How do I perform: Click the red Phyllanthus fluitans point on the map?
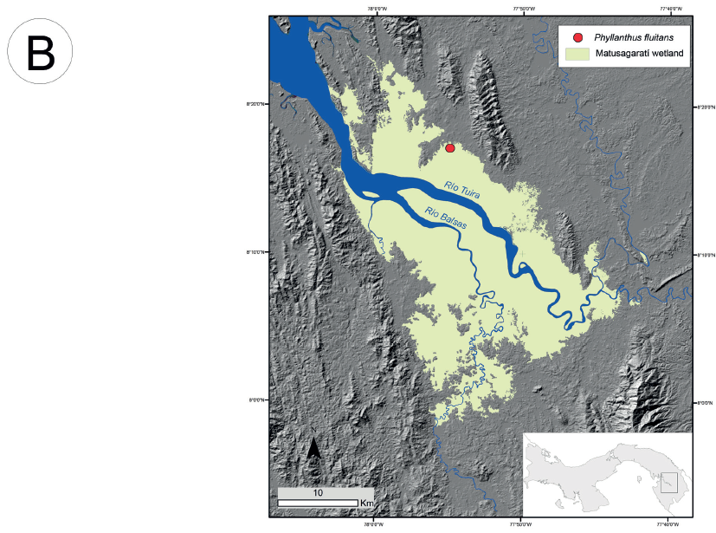[x=450, y=148]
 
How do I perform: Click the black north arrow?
[x=314, y=447]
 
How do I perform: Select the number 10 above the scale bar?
[x=318, y=492]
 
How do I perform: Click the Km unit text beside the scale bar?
[x=367, y=503]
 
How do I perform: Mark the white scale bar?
[x=318, y=503]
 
